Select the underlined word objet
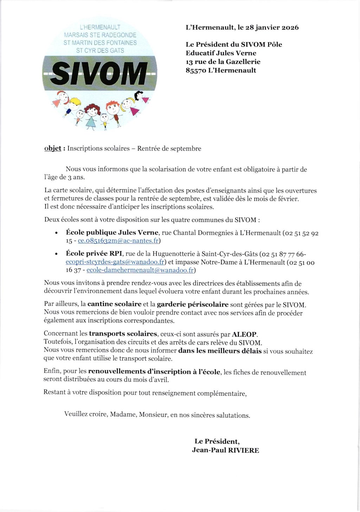53,148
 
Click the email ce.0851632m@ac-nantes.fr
118,241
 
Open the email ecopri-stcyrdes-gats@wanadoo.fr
115,262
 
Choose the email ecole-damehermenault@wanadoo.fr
140,270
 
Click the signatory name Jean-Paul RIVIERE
225,450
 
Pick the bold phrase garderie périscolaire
193,305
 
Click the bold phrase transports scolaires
123,334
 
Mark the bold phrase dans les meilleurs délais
220,351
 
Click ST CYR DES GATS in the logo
100,51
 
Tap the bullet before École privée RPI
57,254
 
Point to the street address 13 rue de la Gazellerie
223,62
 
